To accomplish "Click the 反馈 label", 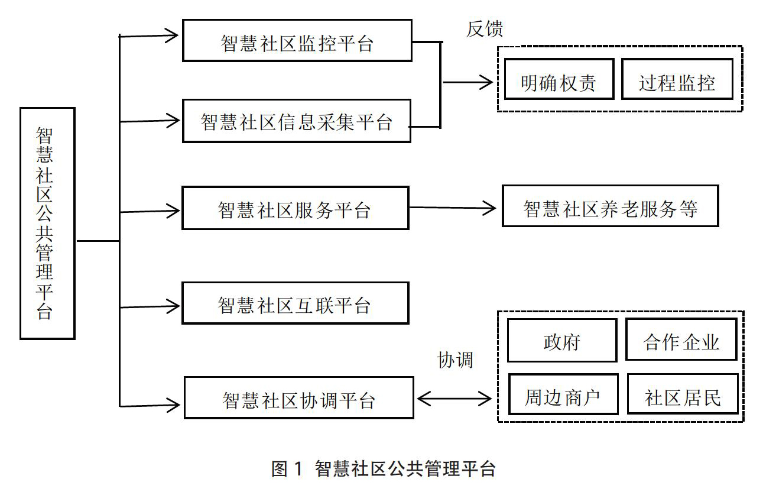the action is click(485, 28).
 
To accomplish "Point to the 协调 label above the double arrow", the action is click(455, 360).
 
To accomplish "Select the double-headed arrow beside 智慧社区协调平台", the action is click(454, 399).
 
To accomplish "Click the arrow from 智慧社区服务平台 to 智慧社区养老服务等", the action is click(452, 208).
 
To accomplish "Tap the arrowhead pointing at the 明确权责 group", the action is click(486, 82).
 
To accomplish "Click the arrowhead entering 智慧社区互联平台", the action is click(173, 306).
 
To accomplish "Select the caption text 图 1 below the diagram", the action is click(287, 469).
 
